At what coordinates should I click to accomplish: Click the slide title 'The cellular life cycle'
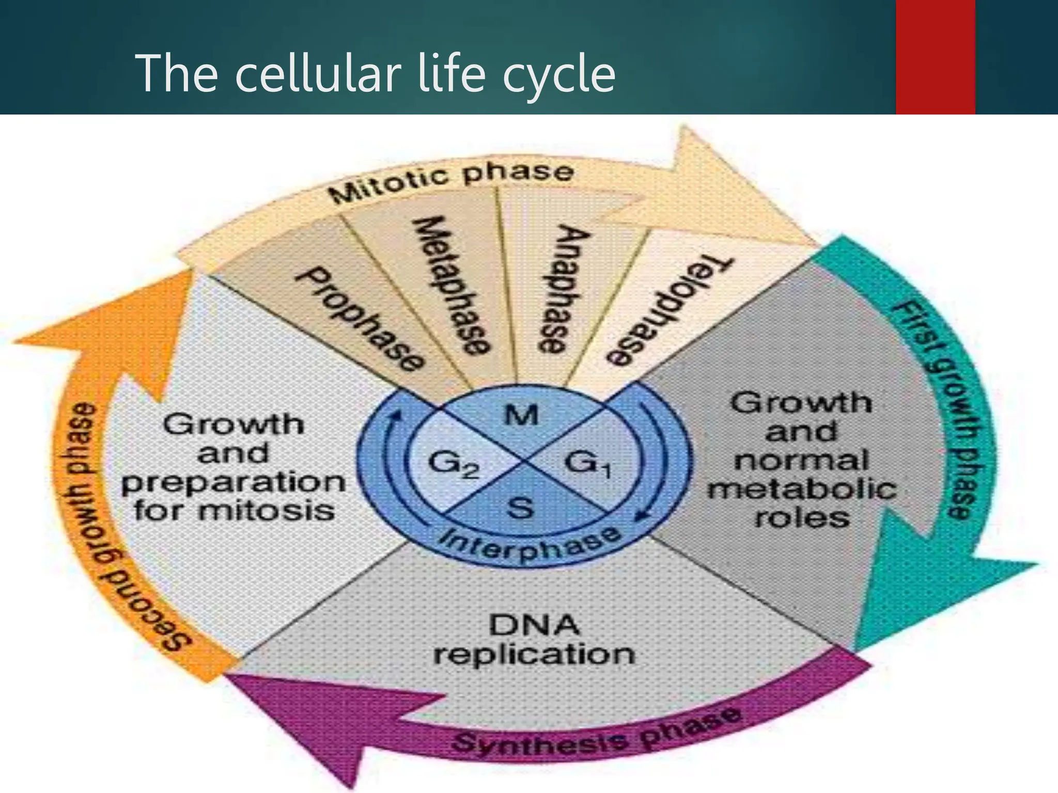click(x=375, y=74)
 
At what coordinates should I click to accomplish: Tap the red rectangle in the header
click(x=935, y=57)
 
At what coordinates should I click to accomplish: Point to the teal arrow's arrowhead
click(x=930, y=583)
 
